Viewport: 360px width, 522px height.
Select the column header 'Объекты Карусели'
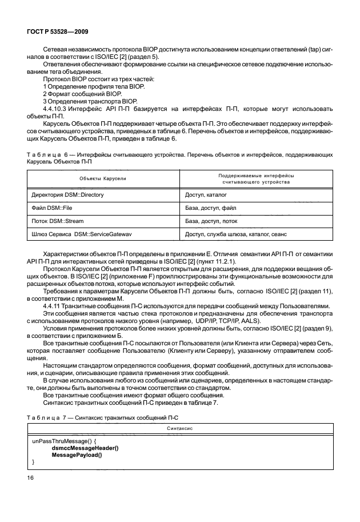(103, 179)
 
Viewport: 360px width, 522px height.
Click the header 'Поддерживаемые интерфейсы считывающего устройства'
(255, 179)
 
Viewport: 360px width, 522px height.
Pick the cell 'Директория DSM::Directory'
(66, 195)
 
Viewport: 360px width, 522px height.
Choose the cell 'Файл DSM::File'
(53, 208)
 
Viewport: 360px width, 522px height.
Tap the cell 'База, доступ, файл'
(210, 208)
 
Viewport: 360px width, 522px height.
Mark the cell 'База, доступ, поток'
(212, 221)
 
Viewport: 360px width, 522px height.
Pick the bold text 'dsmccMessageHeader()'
(85, 448)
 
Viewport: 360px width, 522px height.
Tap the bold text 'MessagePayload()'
(77, 455)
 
